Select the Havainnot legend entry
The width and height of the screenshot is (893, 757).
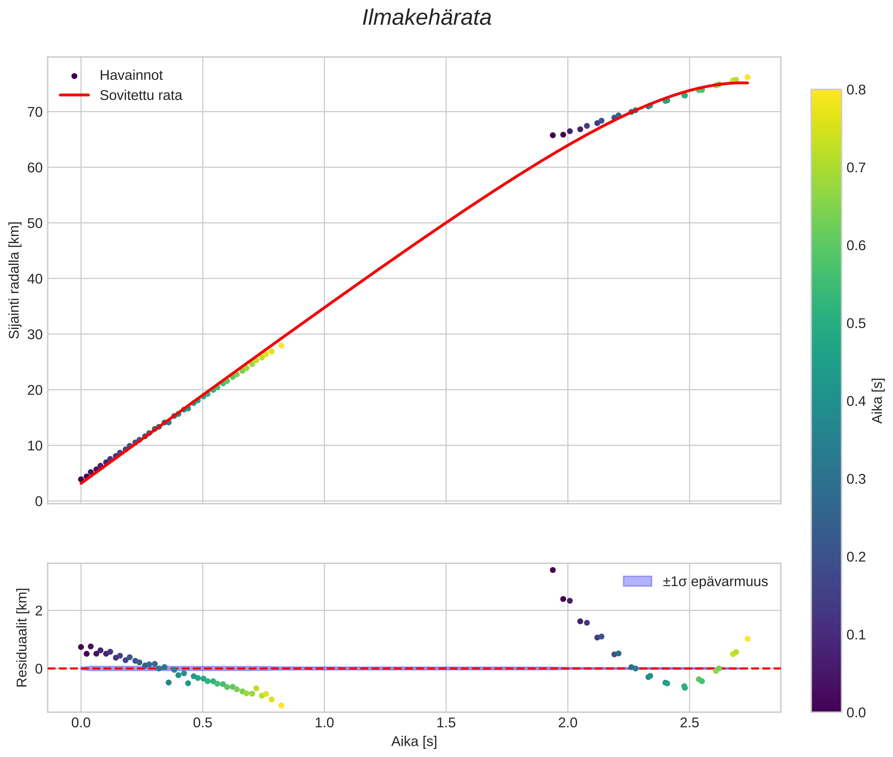click(x=131, y=75)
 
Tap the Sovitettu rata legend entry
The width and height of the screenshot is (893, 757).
click(x=141, y=95)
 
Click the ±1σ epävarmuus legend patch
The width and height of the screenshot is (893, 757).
click(x=637, y=581)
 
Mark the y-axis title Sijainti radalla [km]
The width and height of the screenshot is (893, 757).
click(x=14, y=280)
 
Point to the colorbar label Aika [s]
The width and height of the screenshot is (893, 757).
click(x=877, y=400)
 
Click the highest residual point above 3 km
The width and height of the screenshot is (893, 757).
click(x=553, y=570)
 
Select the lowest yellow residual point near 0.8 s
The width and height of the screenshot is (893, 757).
click(x=281, y=705)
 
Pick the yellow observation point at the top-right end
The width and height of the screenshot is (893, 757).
click(x=747, y=77)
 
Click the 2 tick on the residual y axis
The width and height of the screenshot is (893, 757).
click(x=39, y=611)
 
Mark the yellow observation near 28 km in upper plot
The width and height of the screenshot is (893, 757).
click(x=281, y=345)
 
